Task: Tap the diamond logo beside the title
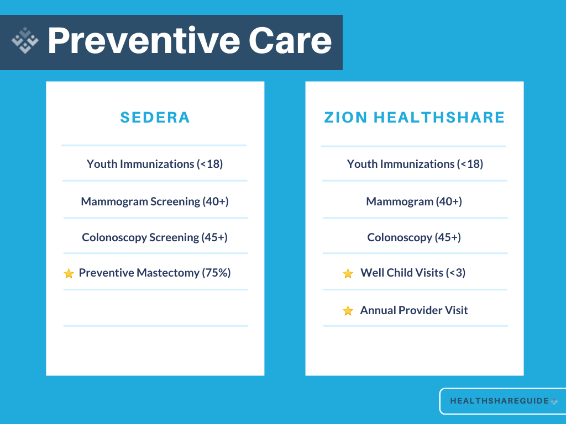tap(25, 41)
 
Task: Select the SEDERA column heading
tap(155, 117)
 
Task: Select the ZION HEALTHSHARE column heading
tap(415, 117)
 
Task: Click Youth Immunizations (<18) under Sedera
tap(155, 164)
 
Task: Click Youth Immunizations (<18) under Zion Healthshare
tap(415, 164)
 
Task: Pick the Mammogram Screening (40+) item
tap(155, 202)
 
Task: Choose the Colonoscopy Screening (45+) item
tap(155, 237)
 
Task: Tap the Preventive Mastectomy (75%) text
tap(155, 273)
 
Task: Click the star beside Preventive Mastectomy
tap(69, 273)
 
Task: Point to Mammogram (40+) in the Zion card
tap(414, 202)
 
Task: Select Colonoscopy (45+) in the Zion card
tap(414, 237)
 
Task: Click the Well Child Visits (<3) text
tap(413, 273)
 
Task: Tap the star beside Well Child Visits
tap(348, 273)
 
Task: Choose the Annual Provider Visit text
tap(414, 310)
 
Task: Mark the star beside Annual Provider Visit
tap(348, 311)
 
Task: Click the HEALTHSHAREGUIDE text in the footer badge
tap(499, 401)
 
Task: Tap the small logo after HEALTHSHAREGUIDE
tap(554, 401)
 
